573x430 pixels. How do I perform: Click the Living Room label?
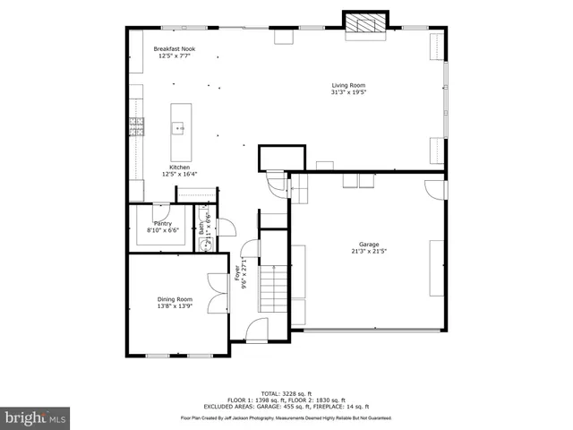click(348, 86)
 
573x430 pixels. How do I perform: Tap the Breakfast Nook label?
click(175, 49)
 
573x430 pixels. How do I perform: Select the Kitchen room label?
click(180, 168)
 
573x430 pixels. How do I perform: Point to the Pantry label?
click(162, 223)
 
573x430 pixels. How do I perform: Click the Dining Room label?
click(175, 299)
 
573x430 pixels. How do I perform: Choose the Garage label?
click(369, 244)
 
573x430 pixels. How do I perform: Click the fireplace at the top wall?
click(366, 24)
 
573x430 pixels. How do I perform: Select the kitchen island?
click(181, 128)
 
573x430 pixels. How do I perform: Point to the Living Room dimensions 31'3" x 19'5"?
click(348, 92)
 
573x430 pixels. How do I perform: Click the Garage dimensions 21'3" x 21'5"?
click(369, 251)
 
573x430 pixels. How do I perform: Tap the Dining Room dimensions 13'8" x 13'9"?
click(175, 306)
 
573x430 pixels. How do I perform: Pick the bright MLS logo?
click(35, 417)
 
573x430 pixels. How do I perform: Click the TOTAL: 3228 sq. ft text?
click(286, 393)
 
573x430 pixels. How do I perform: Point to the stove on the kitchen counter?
click(137, 126)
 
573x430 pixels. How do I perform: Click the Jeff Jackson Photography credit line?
click(286, 417)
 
